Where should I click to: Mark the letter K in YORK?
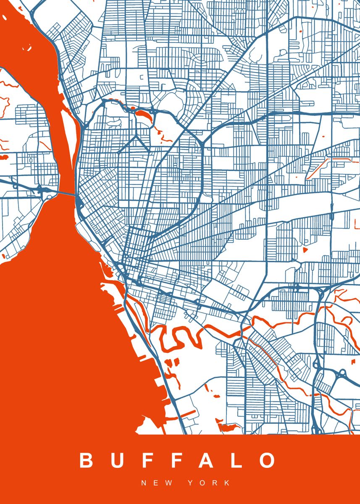pos(227,483)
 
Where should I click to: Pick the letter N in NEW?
pos(144,483)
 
